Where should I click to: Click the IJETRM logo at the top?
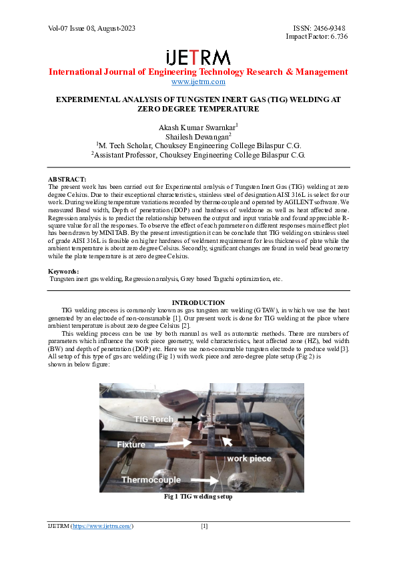point(198,57)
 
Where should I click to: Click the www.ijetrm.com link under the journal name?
point(198,81)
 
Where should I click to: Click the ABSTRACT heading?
point(67,180)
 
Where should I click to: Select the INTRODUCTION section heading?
point(198,303)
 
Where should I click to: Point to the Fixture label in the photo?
point(141,444)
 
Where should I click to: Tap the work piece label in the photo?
point(250,459)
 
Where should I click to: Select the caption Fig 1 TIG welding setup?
point(198,497)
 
